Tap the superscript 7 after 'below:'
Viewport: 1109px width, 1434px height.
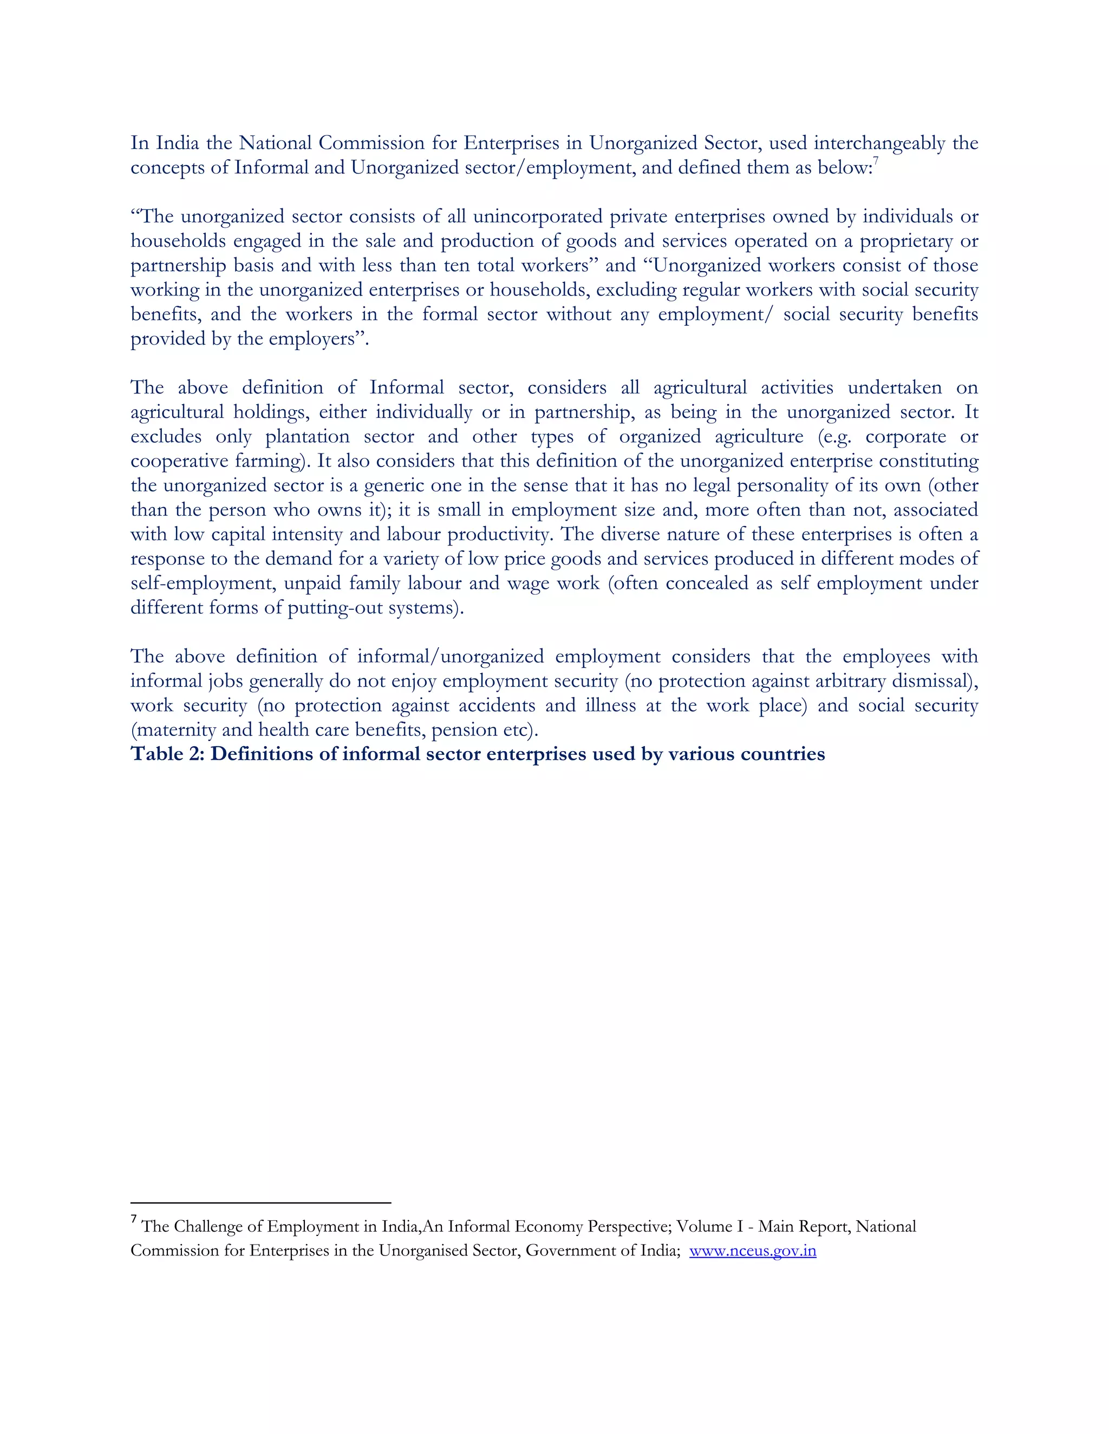[x=875, y=161]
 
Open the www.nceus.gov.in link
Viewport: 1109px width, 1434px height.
[x=752, y=1251]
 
